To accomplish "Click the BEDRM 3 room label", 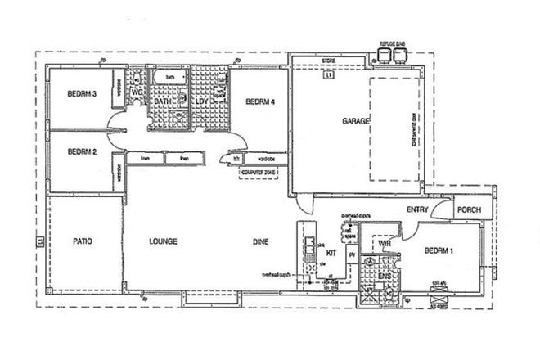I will (x=82, y=95).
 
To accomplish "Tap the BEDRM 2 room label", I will (x=82, y=151).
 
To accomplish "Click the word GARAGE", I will (x=358, y=121).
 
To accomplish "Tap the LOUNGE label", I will (x=164, y=241).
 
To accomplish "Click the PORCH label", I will (x=469, y=210).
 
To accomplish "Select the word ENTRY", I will (x=418, y=210).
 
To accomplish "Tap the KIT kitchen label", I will (x=331, y=254).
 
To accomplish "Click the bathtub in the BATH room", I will (x=169, y=78).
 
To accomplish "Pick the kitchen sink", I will (x=310, y=243).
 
